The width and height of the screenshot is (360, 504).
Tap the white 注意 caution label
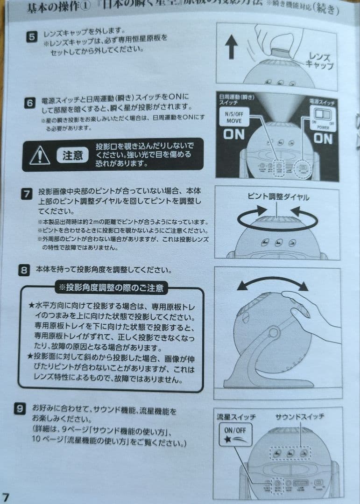click(72, 155)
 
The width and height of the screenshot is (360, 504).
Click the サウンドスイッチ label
click(299, 416)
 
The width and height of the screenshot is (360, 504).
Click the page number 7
click(6, 497)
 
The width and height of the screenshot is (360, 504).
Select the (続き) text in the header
click(322, 9)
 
